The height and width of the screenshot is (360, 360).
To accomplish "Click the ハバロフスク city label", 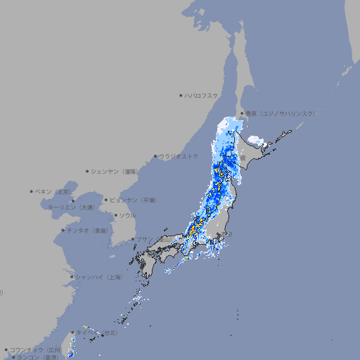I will (202, 95).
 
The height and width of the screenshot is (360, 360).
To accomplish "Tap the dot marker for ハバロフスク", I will (181, 95).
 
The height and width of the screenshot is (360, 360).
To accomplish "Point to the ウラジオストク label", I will (179, 156).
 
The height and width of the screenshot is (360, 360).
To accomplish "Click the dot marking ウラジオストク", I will (155, 157).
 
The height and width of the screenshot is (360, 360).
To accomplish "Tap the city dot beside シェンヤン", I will (87, 171).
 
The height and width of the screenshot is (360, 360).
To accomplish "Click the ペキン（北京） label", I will (54, 191).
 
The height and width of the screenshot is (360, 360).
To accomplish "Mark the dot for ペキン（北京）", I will (32, 191).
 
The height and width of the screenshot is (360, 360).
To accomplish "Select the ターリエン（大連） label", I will (70, 207).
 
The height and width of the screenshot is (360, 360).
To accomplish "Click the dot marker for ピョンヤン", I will (106, 200).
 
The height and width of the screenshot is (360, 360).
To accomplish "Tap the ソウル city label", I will (127, 215).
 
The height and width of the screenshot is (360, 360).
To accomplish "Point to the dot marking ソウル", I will (115, 215).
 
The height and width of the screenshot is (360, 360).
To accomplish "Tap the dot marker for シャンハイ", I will (71, 277).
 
